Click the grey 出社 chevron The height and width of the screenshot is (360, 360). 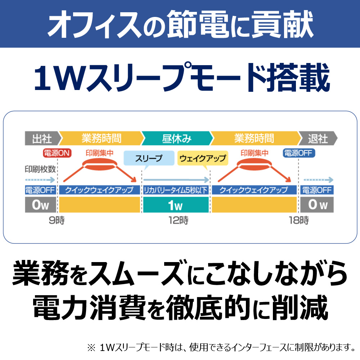pyautogui.click(x=43, y=138)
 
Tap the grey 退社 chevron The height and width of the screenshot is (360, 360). pyautogui.click(x=318, y=138)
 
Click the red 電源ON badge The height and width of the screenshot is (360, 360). pyautogui.click(x=57, y=153)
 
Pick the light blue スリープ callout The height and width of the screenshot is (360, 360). pyautogui.click(x=149, y=158)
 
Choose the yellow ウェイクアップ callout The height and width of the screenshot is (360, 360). pyautogui.click(x=203, y=158)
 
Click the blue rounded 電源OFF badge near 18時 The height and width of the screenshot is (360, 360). pyautogui.click(x=299, y=153)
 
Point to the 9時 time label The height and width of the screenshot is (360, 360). pyautogui.click(x=57, y=220)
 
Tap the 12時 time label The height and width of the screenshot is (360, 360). pyautogui.click(x=179, y=220)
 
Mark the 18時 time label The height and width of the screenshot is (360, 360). pyautogui.click(x=299, y=220)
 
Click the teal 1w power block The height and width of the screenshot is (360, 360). pyautogui.click(x=176, y=205)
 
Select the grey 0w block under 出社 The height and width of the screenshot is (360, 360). pyautogui.click(x=40, y=205)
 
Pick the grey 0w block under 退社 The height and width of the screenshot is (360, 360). pyautogui.click(x=317, y=205)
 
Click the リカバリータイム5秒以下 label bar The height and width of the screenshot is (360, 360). pyautogui.click(x=176, y=190)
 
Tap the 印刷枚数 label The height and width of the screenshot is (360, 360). pyautogui.click(x=40, y=169)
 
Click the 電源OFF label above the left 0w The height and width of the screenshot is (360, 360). pyautogui.click(x=40, y=190)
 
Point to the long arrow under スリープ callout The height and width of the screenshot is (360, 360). pyautogui.click(x=176, y=180)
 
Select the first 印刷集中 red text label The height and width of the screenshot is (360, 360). pyautogui.click(x=99, y=153)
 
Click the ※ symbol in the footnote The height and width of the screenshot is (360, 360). pyautogui.click(x=91, y=348)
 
